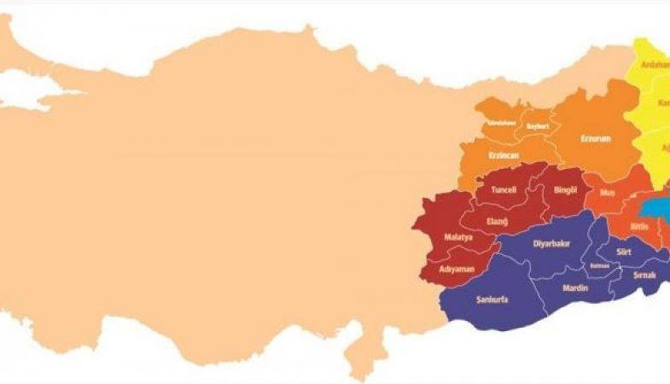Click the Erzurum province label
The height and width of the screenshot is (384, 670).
pos(595,138)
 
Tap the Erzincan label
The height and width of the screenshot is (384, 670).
pos(504,155)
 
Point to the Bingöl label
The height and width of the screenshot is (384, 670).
pos(567,189)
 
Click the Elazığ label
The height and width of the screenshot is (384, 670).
pos(497,221)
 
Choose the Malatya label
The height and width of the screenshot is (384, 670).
pos(458,236)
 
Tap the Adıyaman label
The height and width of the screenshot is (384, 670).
pos(456,269)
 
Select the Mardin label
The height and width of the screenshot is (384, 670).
pos(575,288)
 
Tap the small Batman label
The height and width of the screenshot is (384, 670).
pos(599,265)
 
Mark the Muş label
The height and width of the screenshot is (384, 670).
pos(608,193)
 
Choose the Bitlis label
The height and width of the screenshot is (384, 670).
pos(640,226)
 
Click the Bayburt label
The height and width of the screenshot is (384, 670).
pos(537,125)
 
